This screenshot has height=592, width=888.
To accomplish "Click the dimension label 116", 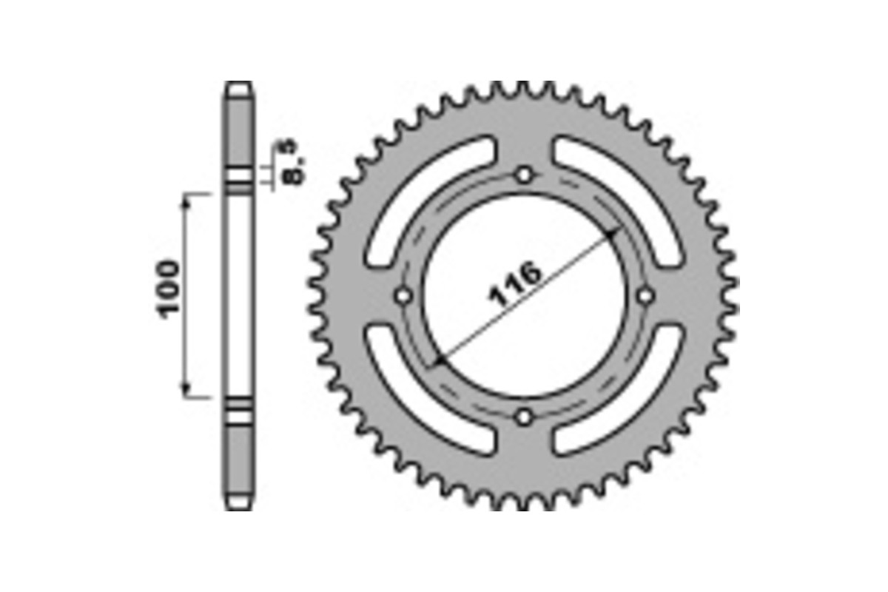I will [x=516, y=284].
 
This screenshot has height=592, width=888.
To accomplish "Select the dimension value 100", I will [x=167, y=288].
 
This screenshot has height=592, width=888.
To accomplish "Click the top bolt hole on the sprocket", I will [x=525, y=175].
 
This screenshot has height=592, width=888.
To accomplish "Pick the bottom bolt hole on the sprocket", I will [x=525, y=417].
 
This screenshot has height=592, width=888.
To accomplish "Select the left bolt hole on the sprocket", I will [x=404, y=296].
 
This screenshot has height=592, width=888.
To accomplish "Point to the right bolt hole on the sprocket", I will [x=645, y=296].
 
